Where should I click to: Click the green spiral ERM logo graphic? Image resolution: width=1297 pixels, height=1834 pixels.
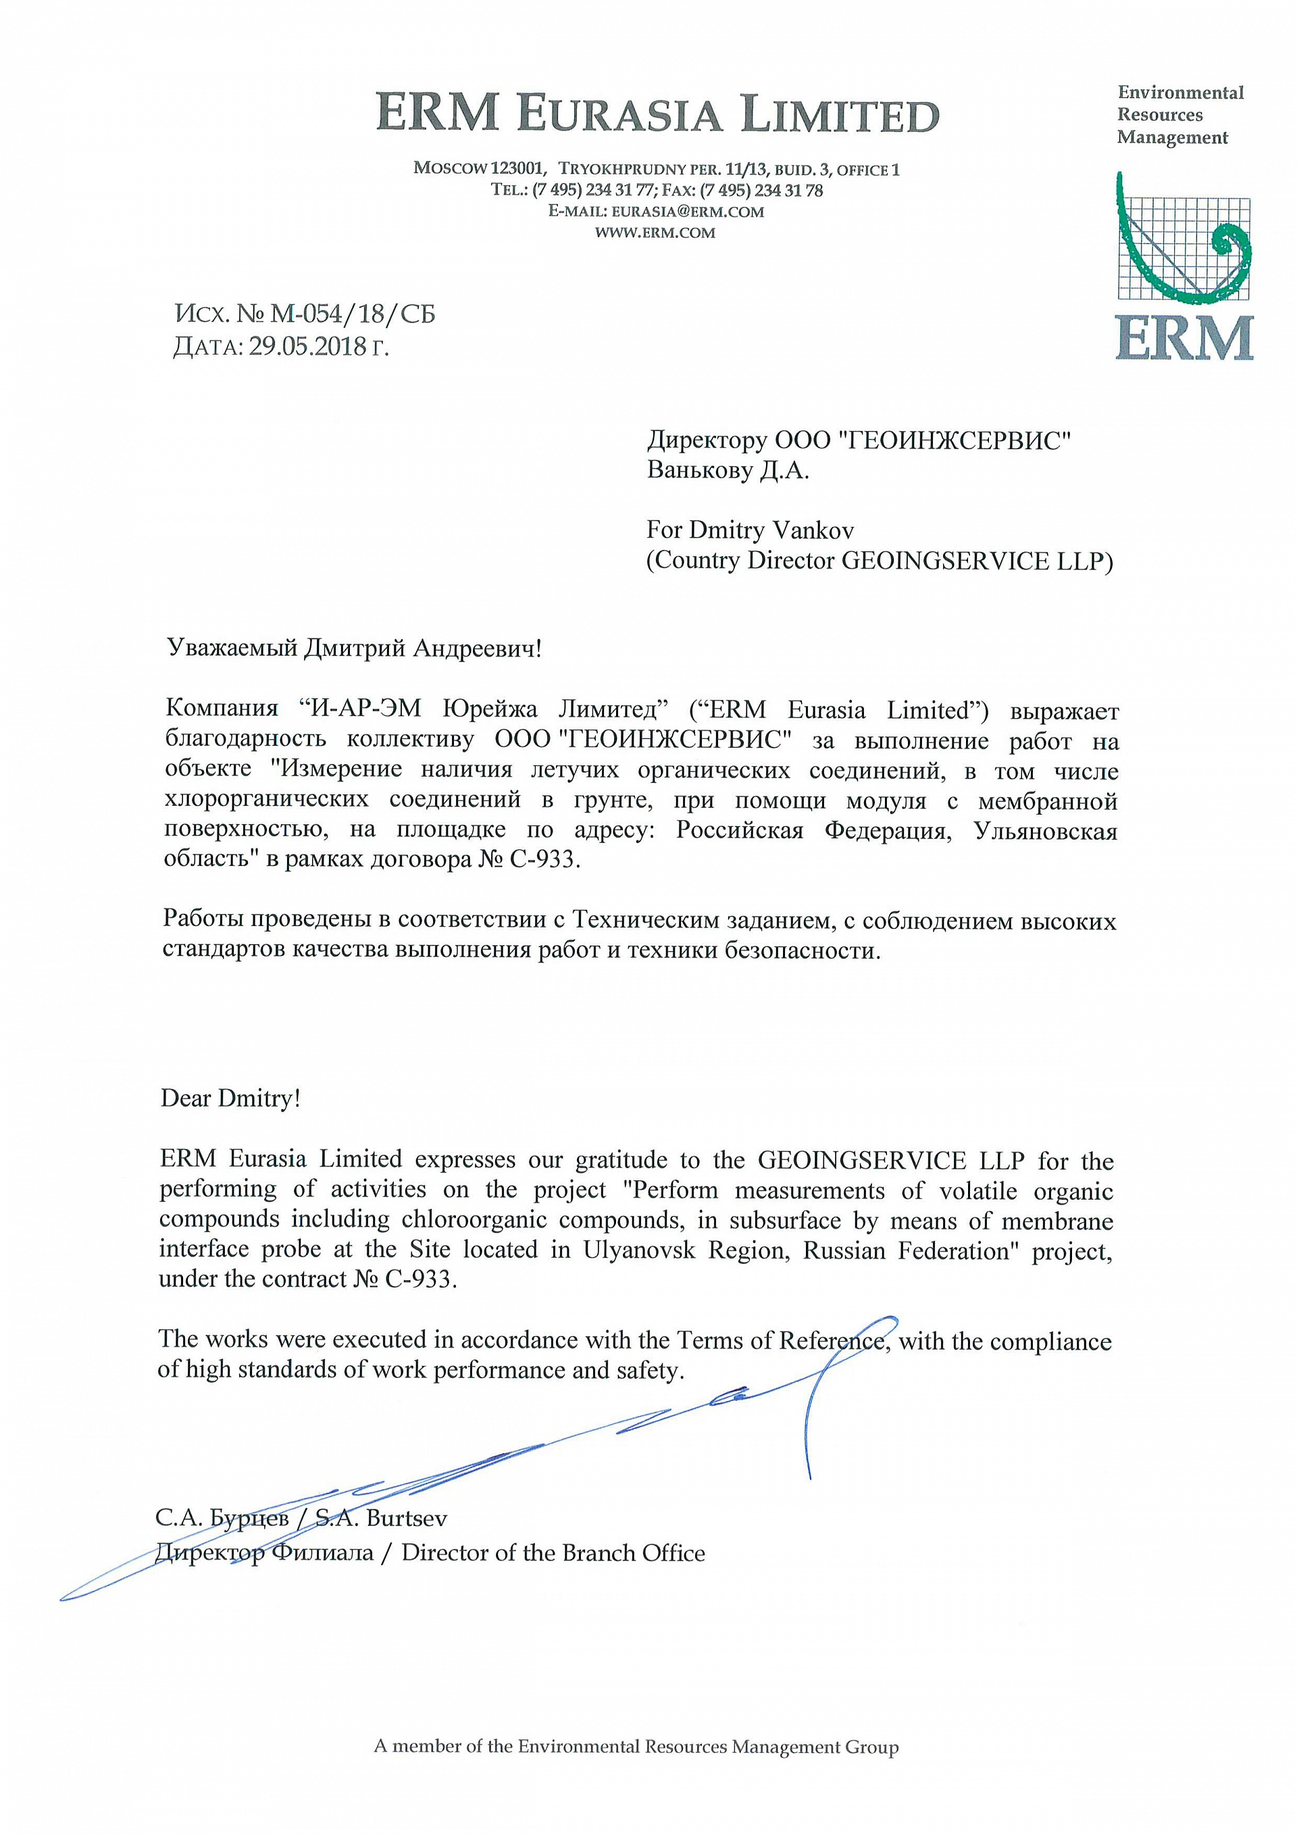pyautogui.click(x=1184, y=240)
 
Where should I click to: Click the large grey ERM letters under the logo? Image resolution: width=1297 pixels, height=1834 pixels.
pyautogui.click(x=1184, y=337)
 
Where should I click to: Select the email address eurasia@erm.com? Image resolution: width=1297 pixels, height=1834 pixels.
pyautogui.click(x=688, y=211)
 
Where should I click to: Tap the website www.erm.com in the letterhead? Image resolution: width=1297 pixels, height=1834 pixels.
pyautogui.click(x=655, y=233)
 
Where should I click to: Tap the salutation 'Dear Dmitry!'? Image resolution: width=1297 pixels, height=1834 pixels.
pyautogui.click(x=230, y=1098)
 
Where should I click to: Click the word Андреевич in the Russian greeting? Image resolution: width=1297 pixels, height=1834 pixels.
pyautogui.click(x=476, y=648)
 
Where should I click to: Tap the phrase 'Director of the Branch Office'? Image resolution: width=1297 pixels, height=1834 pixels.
pyautogui.click(x=553, y=1553)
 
